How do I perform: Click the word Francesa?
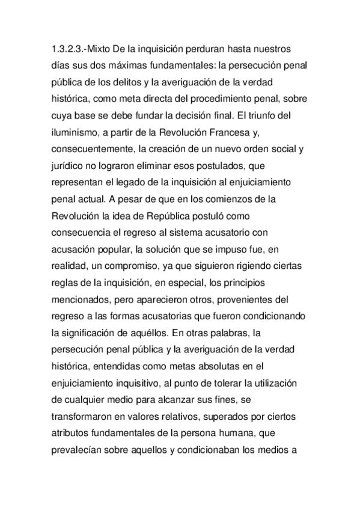tap(246, 131)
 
